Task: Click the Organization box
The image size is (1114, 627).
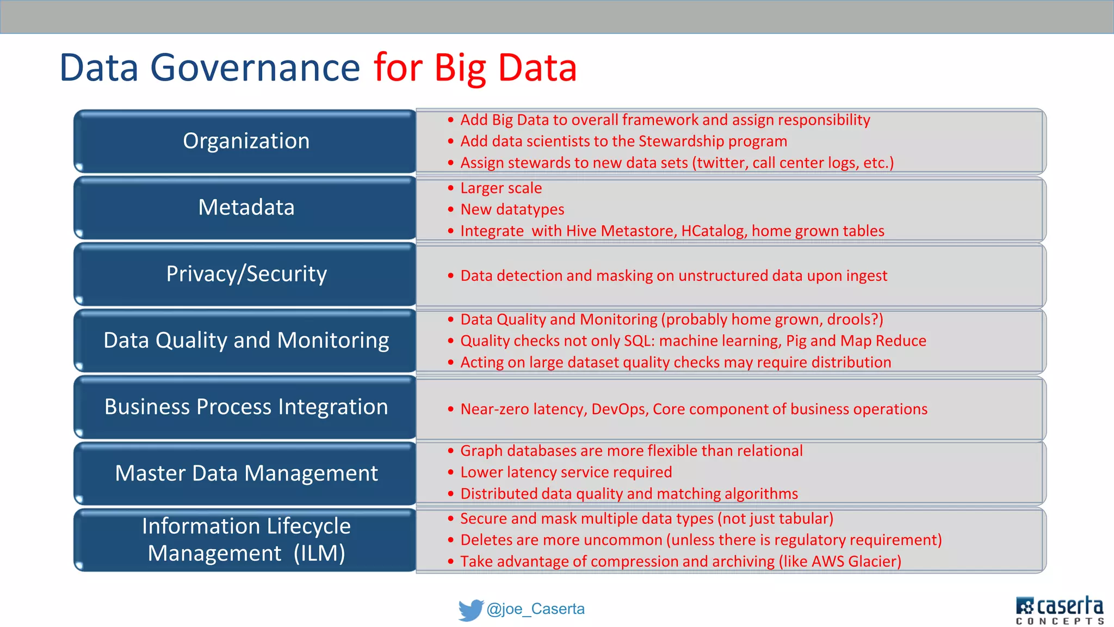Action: pos(246,142)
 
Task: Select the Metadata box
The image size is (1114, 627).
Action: pos(246,208)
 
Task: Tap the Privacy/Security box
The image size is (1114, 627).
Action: pos(246,274)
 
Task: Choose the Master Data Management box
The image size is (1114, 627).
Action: pos(246,474)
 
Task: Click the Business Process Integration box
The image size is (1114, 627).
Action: pos(246,407)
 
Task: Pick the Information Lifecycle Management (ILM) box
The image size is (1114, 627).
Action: pos(246,540)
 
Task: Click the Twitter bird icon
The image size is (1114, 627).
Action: pos(471,610)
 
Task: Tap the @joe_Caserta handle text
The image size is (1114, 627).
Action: pos(535,609)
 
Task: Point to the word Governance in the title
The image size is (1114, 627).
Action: pos(255,68)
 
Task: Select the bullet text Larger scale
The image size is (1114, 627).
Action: pos(501,188)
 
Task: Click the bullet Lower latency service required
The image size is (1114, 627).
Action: pos(566,472)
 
